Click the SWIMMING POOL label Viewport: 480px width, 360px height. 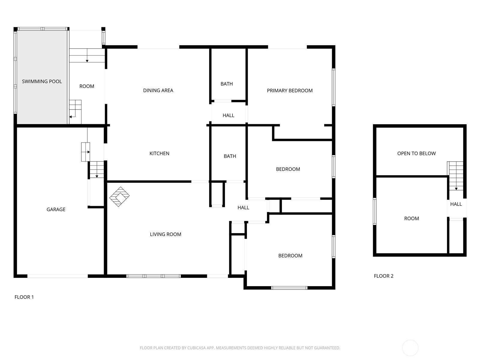(x=42, y=82)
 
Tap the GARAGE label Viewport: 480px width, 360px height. (x=56, y=210)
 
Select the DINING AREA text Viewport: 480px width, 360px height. (x=158, y=91)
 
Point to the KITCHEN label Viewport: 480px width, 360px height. (x=159, y=153)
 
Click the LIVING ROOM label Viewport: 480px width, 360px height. (x=166, y=234)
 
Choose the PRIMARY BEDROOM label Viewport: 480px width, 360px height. (x=290, y=91)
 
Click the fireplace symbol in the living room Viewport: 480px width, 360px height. (x=119, y=196)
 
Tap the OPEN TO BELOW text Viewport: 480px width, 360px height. (x=416, y=153)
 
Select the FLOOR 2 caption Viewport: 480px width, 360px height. (x=384, y=276)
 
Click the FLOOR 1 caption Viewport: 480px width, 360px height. (x=24, y=297)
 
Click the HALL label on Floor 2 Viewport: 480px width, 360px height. (x=456, y=204)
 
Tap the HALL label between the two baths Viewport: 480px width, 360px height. (x=228, y=115)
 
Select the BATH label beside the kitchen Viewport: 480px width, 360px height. (x=230, y=156)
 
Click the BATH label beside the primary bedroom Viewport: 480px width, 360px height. (x=226, y=84)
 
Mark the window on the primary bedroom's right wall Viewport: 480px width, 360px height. (x=334, y=87)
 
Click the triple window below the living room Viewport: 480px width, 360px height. (x=154, y=276)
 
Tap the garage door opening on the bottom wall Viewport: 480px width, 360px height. (x=58, y=276)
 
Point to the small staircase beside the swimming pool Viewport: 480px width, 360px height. (x=75, y=112)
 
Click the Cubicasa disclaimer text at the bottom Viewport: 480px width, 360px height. (x=240, y=348)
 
